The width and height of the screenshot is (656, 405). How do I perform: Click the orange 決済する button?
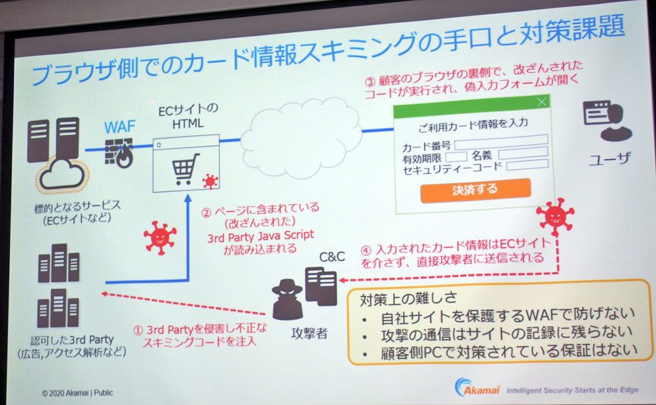pos(475,190)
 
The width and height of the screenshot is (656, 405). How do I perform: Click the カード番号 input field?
pos(501,140)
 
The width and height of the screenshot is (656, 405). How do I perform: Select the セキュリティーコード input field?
pos(527,165)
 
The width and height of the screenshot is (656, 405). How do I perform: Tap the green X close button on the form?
pos(541,102)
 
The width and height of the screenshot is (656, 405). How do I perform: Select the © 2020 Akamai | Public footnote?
pos(77,393)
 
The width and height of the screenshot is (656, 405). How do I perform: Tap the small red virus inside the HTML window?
pos(209,181)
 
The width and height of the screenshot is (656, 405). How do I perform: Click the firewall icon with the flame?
pos(120,153)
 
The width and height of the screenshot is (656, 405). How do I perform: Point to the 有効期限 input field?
pos(456,156)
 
